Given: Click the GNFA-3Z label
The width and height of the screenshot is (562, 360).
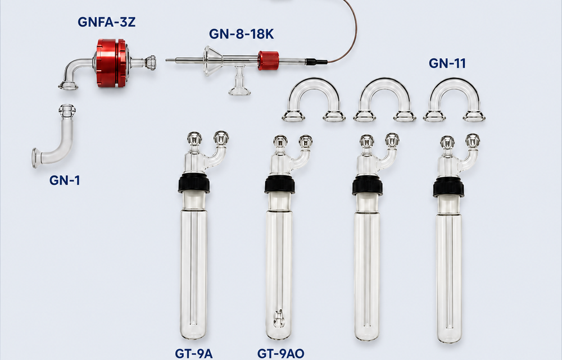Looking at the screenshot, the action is pyautogui.click(x=106, y=22).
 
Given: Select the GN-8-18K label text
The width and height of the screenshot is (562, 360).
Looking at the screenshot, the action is pyautogui.click(x=241, y=34).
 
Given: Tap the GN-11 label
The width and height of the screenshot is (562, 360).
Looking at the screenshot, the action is pyautogui.click(x=447, y=63).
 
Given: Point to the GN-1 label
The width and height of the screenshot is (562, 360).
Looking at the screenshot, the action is pyautogui.click(x=65, y=180).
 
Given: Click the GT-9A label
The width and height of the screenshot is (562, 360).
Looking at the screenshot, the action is pyautogui.click(x=193, y=354).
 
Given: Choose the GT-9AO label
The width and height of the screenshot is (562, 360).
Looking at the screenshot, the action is pyautogui.click(x=280, y=354).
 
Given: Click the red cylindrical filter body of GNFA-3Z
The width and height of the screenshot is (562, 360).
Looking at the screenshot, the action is pyautogui.click(x=111, y=63).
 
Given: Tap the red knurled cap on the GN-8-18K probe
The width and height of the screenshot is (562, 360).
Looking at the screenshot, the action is pyautogui.click(x=268, y=61).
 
